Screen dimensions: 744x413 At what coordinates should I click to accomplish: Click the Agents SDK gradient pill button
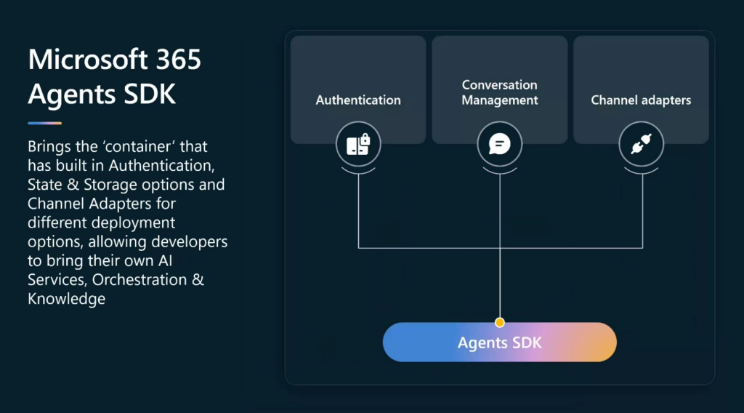pos(500,342)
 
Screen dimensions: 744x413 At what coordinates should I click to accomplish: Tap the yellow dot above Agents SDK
pos(500,323)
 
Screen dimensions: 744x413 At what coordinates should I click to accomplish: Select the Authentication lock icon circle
pos(358,144)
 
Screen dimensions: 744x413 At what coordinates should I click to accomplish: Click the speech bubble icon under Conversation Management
pos(500,144)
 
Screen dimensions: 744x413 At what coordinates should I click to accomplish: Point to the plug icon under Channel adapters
pos(641,144)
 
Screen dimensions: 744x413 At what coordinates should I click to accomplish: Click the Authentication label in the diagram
pos(358,100)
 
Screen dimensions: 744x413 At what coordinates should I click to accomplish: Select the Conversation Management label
pos(500,92)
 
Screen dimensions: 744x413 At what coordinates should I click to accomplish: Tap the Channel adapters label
pos(641,100)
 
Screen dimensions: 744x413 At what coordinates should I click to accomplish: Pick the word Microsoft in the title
pos(88,60)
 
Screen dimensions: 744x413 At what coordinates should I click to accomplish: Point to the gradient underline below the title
pos(44,123)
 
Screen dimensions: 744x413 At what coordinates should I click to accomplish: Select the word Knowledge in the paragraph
pos(66,299)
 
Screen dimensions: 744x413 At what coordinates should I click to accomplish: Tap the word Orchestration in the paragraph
pos(139,280)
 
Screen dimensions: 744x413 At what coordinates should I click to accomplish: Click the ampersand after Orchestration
pos(198,280)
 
